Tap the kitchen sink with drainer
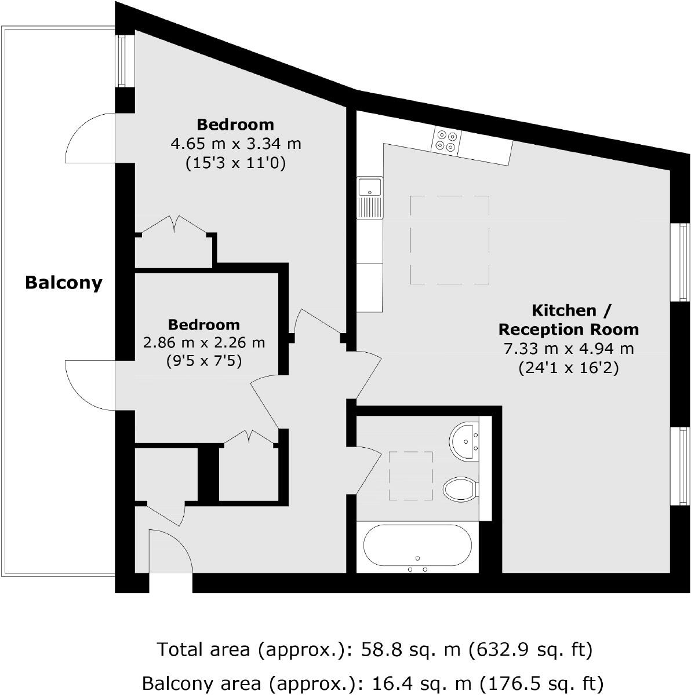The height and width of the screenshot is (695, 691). click(x=369, y=197)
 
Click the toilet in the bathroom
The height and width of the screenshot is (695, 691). click(x=460, y=489)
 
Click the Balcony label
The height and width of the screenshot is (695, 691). click(x=64, y=283)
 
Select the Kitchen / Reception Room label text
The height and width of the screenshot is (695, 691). click(x=568, y=320)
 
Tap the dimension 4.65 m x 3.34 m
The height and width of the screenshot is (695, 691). click(x=235, y=143)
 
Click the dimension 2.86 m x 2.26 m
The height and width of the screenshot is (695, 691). click(x=204, y=343)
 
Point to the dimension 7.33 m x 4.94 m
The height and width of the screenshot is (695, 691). click(x=568, y=349)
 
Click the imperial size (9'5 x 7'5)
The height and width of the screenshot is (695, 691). click(x=204, y=361)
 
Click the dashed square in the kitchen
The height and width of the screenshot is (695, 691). click(x=449, y=240)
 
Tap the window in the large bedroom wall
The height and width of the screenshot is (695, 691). click(x=122, y=61)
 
